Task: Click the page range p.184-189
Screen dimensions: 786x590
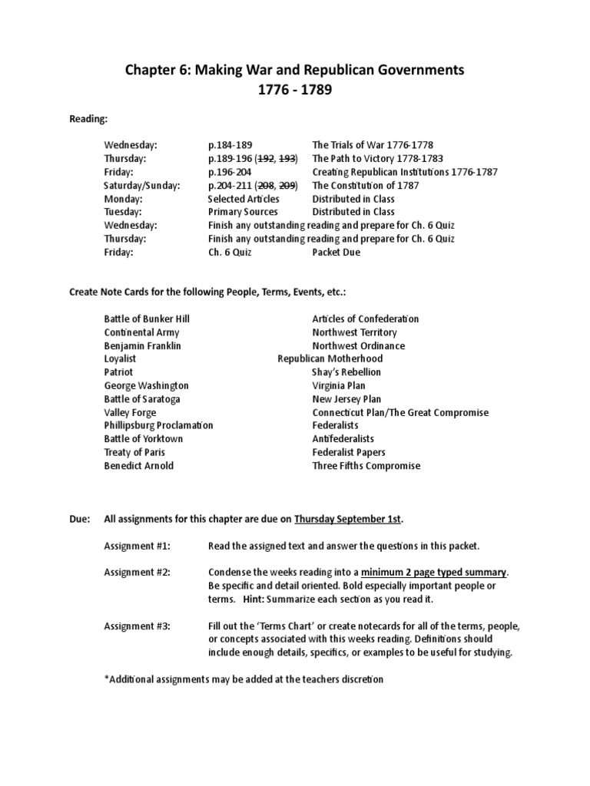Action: (230, 144)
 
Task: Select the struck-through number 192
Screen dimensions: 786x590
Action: (270, 158)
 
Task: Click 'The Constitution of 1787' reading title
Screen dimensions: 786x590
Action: (362, 185)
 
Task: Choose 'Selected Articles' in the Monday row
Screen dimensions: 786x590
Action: (244, 199)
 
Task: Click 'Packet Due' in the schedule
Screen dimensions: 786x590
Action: (336, 252)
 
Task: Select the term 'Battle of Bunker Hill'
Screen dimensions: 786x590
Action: (147, 319)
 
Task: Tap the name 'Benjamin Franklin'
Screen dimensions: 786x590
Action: (143, 345)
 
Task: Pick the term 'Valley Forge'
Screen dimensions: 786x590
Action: (130, 412)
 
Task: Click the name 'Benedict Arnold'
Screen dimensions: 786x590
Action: (139, 465)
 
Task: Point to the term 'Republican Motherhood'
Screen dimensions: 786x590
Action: (330, 358)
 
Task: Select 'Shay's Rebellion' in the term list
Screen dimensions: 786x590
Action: (346, 372)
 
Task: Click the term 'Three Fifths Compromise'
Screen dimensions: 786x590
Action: (366, 465)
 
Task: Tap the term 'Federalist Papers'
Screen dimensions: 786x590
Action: (349, 452)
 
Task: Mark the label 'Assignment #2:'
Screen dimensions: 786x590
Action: (137, 572)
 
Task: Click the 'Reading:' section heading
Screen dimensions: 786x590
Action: (89, 119)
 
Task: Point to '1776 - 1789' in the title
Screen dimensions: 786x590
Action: (295, 91)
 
